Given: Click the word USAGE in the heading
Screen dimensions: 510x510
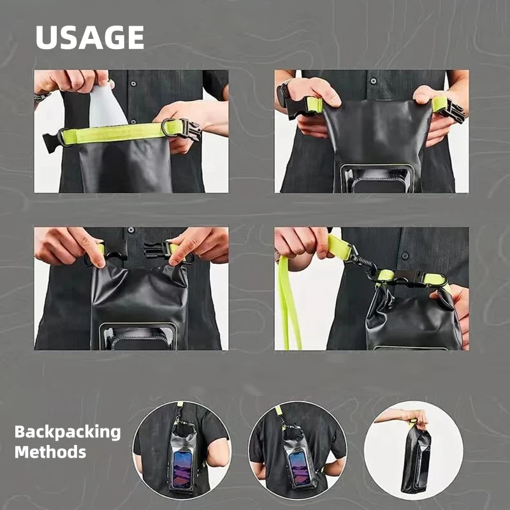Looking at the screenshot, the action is [90, 38].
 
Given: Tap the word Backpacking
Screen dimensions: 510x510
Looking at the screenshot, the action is [68, 433].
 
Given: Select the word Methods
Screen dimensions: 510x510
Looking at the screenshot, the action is [50, 452].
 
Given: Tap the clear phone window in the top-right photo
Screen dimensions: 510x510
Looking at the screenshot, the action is [377, 178].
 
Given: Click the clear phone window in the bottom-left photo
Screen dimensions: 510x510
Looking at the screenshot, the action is [138, 337].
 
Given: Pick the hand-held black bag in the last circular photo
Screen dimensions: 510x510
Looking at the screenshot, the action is [416, 459].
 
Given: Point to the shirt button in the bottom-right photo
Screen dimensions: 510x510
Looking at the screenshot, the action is [405, 256].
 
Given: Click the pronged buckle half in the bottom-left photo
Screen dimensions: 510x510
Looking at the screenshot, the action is [156, 250].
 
